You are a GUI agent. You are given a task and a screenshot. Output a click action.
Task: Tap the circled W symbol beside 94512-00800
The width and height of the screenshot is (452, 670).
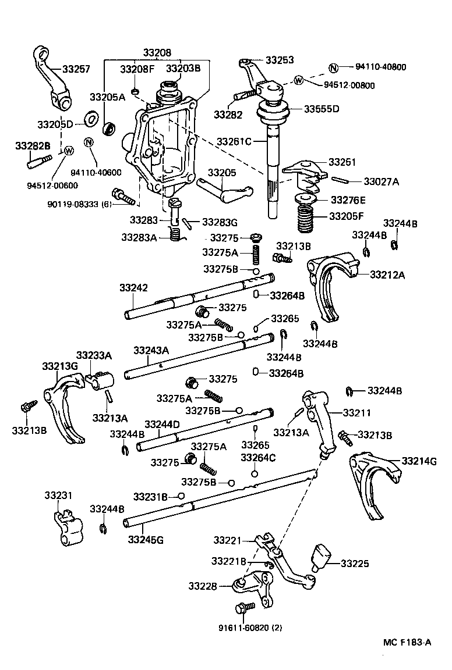click(299, 80)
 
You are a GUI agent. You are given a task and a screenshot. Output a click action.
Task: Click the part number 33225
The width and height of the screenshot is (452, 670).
click(355, 564)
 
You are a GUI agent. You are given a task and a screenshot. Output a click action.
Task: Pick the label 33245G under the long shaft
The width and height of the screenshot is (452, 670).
click(146, 539)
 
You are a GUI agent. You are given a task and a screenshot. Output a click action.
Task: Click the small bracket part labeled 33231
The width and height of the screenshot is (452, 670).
click(65, 527)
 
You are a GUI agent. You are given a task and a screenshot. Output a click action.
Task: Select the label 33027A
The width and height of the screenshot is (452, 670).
click(382, 182)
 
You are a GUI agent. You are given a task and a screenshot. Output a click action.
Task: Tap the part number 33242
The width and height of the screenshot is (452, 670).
click(134, 288)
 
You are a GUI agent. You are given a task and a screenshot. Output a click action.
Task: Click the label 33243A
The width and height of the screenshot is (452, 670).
click(151, 350)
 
